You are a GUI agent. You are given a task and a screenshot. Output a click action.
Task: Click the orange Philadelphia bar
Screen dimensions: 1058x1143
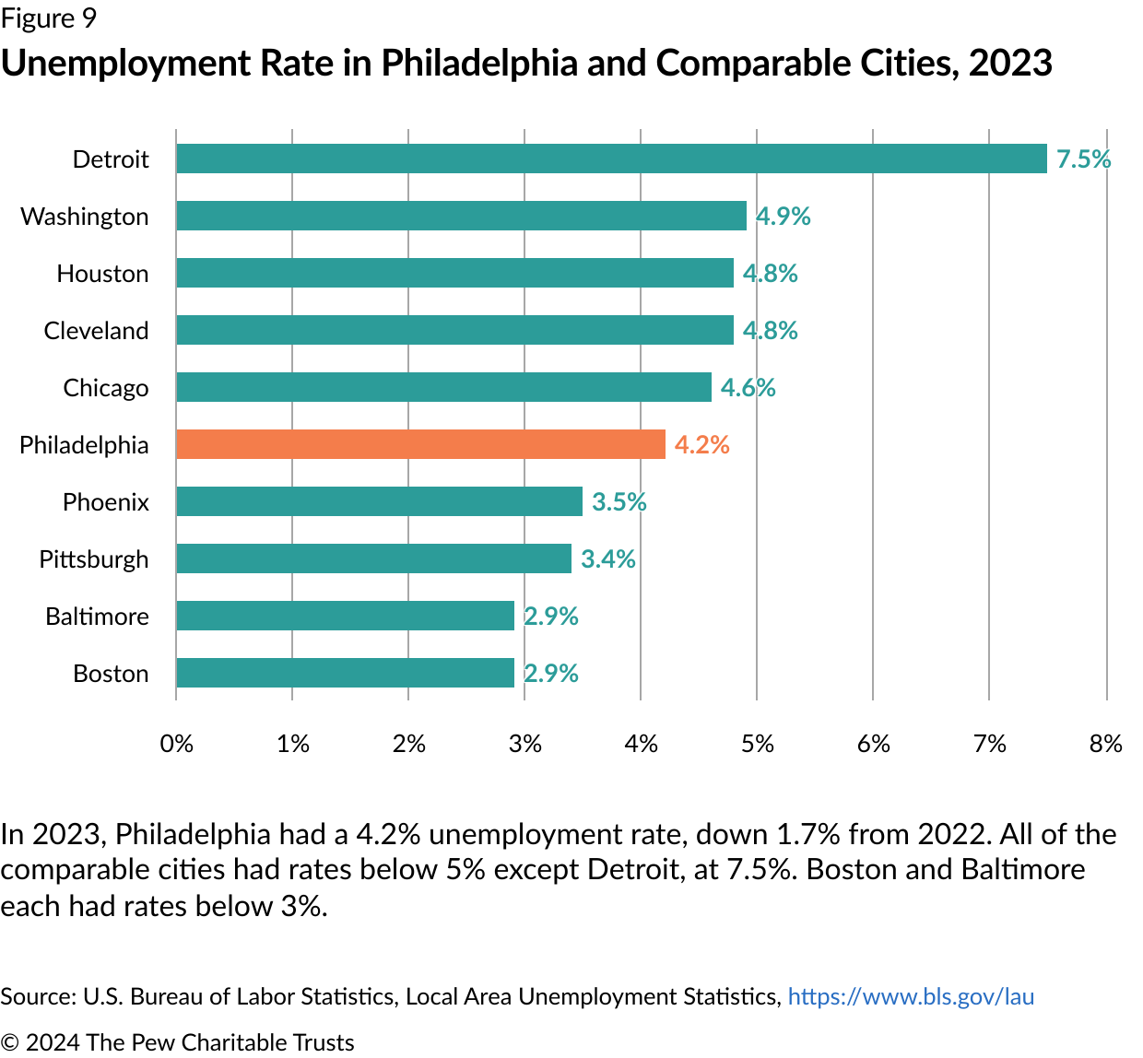point(420,444)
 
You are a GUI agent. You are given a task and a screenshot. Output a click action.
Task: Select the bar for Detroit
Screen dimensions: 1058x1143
point(611,159)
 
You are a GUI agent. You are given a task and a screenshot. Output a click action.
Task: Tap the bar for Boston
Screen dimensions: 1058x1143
point(345,673)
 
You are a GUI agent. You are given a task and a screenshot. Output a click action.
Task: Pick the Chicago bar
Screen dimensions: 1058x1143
point(443,387)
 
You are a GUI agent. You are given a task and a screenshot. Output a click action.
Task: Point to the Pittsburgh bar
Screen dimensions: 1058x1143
point(373,558)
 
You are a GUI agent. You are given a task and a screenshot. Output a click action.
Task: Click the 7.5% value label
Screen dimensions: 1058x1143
point(1083,159)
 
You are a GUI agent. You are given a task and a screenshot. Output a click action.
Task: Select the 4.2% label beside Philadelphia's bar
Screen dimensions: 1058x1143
point(701,445)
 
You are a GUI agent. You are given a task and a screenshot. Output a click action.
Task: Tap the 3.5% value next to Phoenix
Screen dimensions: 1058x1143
point(619,502)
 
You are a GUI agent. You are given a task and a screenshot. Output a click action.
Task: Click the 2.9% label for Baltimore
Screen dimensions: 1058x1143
point(551,617)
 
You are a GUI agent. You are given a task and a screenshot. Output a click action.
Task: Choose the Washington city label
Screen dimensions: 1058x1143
point(85,217)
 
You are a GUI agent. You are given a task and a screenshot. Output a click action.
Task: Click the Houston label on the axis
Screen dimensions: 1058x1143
point(102,274)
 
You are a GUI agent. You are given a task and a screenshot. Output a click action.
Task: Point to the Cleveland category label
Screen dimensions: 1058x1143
point(96,331)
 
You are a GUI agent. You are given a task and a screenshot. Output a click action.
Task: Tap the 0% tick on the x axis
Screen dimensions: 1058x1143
point(176,744)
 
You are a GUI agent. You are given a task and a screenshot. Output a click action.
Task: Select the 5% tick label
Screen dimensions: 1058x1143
point(757,744)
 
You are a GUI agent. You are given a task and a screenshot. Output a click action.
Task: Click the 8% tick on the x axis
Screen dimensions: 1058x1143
point(1105,744)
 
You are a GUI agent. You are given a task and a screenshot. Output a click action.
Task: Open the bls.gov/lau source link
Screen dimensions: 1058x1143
point(911,996)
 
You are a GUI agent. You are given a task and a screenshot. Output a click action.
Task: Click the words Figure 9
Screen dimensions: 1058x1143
point(48,18)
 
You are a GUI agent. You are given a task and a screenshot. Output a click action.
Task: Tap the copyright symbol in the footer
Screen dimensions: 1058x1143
point(9,1042)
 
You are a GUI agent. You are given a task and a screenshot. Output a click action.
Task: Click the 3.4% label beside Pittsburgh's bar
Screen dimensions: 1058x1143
point(607,559)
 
